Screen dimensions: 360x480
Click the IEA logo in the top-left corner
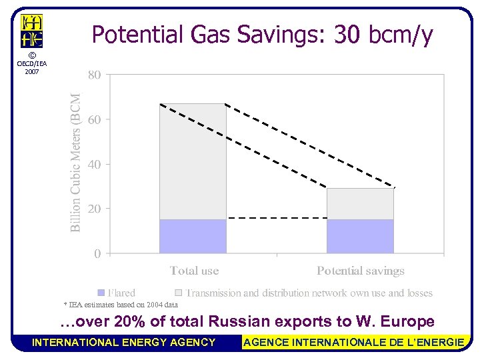[32, 31]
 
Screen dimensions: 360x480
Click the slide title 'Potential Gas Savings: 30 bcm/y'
[262, 35]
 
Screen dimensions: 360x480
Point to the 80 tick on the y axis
[95, 75]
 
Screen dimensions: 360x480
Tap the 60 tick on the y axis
[95, 120]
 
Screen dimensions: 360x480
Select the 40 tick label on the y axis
[95, 164]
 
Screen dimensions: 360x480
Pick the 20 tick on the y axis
[95, 209]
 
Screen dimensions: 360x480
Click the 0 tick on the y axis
[97, 253]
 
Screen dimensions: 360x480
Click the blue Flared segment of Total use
[193, 236]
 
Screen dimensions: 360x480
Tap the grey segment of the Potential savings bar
[360, 204]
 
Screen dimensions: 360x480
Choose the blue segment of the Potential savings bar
[360, 236]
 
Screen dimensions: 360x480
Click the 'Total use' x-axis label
[194, 271]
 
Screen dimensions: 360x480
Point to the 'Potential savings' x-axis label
[360, 271]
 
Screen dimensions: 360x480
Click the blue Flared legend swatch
[101, 293]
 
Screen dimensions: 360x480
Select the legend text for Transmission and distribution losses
[309, 293]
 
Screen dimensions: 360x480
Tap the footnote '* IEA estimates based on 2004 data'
[120, 305]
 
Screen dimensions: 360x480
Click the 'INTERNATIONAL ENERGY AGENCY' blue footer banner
[124, 342]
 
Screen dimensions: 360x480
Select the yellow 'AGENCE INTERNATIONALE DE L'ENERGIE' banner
[353, 342]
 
